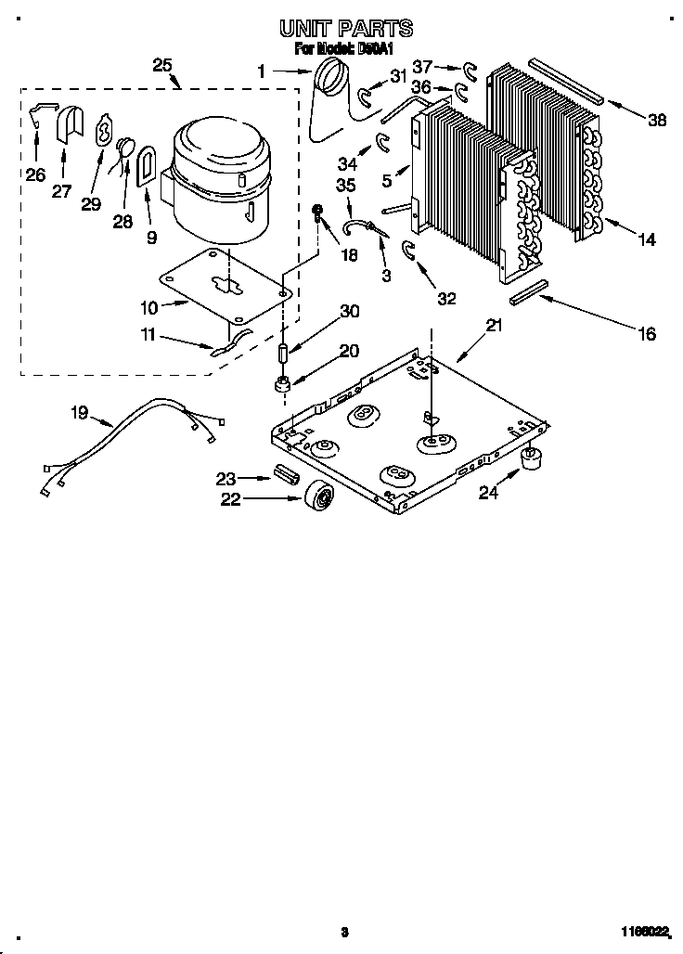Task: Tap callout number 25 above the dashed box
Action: (162, 65)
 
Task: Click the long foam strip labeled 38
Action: (567, 82)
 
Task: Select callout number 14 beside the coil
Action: (646, 239)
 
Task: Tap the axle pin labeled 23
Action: (284, 476)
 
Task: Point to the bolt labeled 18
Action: (318, 214)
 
